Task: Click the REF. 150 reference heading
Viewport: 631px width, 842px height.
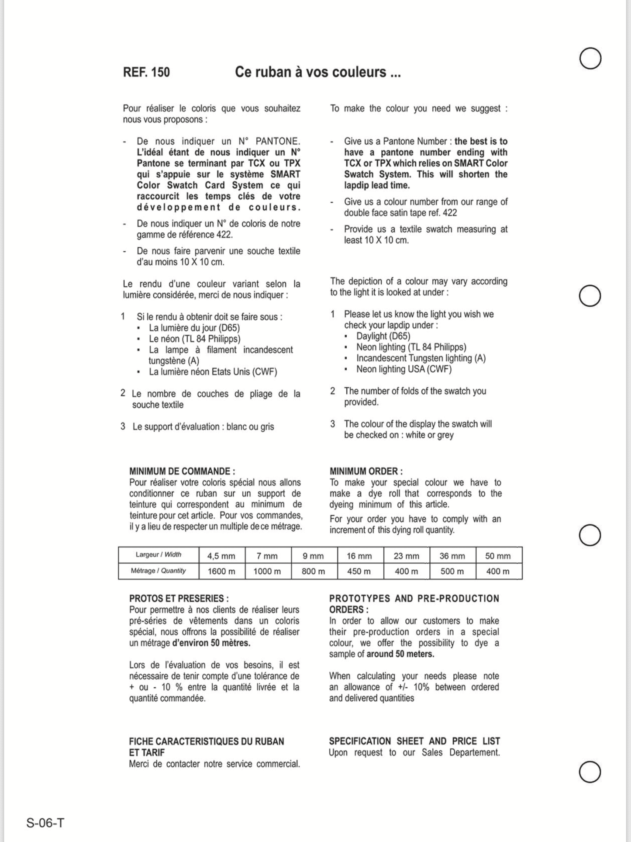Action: (x=146, y=72)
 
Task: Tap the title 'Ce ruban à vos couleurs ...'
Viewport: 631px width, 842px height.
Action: (x=317, y=72)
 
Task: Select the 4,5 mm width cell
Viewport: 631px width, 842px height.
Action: (x=221, y=556)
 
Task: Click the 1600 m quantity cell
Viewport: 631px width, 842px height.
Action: (x=221, y=571)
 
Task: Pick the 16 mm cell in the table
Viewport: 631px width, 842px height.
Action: (x=359, y=556)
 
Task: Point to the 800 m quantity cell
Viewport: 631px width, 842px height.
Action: (x=313, y=571)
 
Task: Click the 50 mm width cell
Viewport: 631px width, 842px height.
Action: (x=498, y=556)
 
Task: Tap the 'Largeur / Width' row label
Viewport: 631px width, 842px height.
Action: (x=158, y=555)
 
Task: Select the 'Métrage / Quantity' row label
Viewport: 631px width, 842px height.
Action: (x=158, y=571)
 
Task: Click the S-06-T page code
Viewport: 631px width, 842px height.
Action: (x=45, y=823)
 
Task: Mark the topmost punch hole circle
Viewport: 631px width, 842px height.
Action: (x=590, y=58)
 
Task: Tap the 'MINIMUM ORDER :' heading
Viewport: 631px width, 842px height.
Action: (x=366, y=471)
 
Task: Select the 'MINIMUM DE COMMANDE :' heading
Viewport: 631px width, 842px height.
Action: (x=182, y=471)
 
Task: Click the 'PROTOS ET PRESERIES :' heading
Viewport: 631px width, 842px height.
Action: (x=179, y=599)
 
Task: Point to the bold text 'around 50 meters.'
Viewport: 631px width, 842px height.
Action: (x=400, y=654)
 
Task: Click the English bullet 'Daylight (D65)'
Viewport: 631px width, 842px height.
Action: (x=383, y=336)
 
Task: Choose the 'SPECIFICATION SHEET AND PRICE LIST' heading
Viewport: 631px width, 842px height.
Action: (x=414, y=741)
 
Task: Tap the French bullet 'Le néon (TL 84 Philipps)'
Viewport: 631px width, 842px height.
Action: (x=194, y=339)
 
